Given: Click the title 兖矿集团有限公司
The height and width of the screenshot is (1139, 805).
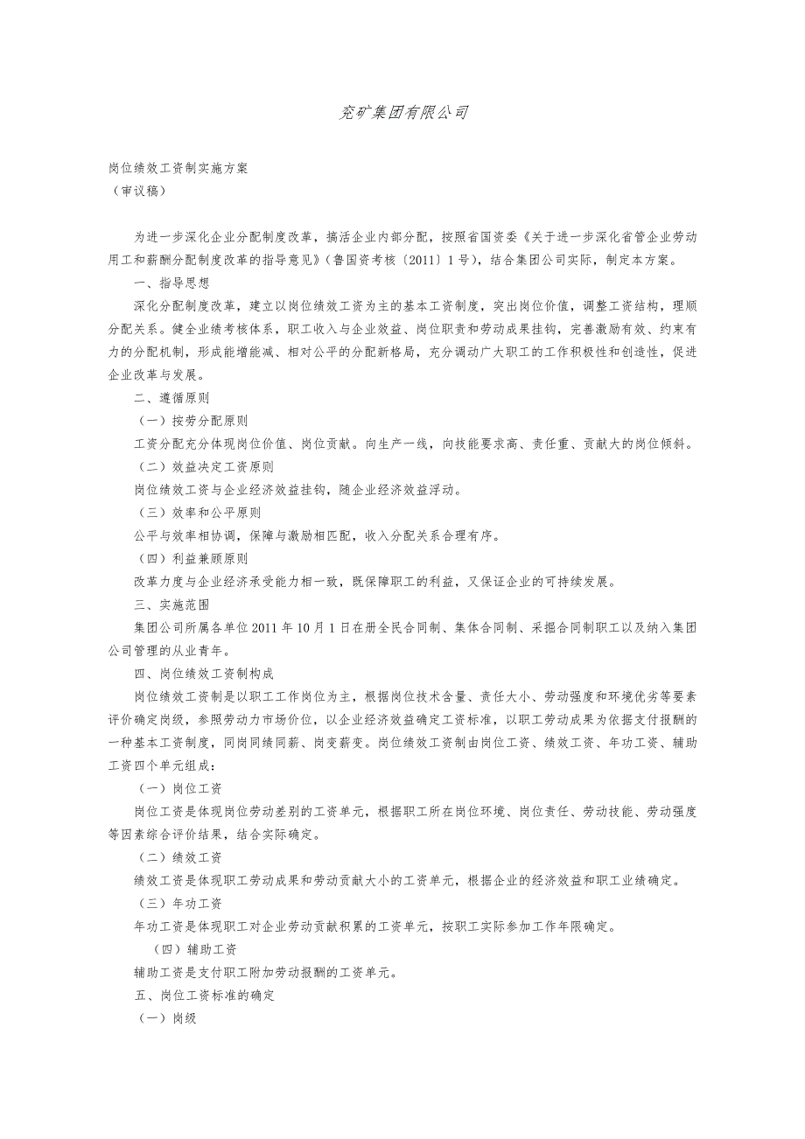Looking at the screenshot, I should [x=403, y=112].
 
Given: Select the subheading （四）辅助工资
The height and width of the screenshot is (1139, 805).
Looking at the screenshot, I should [x=195, y=949].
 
